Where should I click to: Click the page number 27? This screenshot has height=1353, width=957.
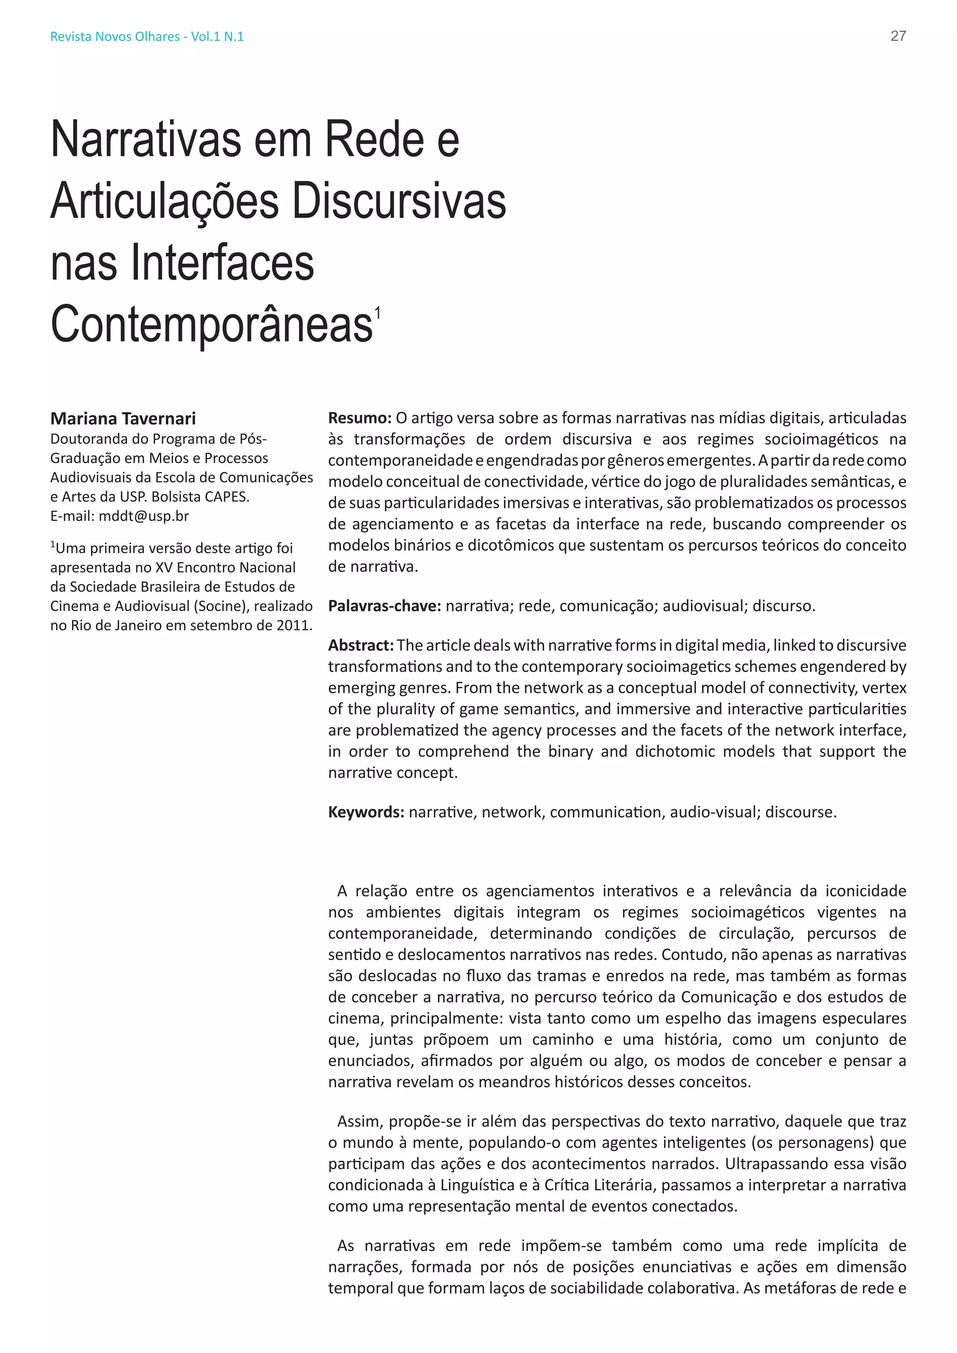pos(898,36)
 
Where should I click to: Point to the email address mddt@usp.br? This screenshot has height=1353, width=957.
pos(144,516)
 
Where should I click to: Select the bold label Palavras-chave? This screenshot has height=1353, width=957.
pos(384,606)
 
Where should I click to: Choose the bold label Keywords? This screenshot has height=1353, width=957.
pos(366,812)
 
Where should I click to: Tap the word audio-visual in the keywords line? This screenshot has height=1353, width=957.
pos(713,812)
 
